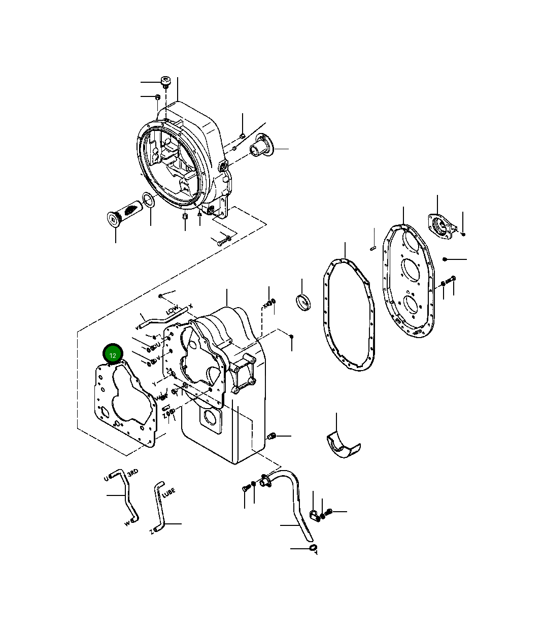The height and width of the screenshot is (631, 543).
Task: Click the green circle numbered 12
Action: click(x=113, y=354)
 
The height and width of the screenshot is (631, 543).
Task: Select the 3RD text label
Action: click(x=132, y=473)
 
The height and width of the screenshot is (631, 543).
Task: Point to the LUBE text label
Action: click(x=168, y=492)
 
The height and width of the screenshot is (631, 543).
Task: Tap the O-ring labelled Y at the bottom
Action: click(x=313, y=548)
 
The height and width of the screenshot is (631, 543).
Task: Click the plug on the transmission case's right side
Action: click(x=271, y=436)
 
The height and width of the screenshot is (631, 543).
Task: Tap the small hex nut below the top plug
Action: click(x=158, y=96)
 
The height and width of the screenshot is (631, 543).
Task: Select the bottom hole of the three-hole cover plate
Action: click(x=411, y=305)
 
